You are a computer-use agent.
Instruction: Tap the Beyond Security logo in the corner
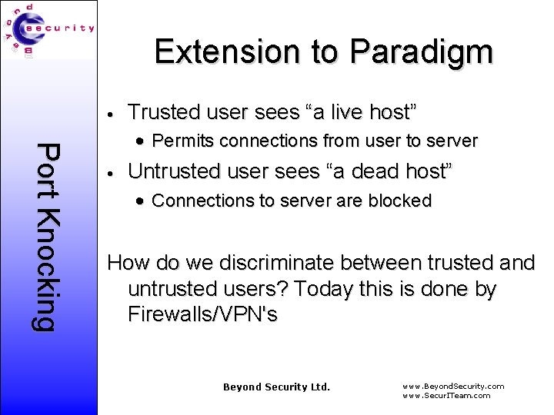(x=49, y=30)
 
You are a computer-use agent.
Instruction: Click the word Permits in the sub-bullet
(x=181, y=141)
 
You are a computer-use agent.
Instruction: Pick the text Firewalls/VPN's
(x=202, y=314)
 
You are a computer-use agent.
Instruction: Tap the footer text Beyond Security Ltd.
(x=276, y=387)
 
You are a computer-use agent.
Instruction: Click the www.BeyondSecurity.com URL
(x=453, y=386)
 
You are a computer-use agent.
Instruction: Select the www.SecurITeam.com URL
(x=446, y=395)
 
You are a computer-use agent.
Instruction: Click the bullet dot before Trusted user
(x=112, y=114)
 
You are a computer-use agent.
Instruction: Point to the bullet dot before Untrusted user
(x=112, y=173)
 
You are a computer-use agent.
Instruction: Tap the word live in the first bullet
(x=339, y=112)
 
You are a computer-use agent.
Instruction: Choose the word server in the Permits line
(x=454, y=141)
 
